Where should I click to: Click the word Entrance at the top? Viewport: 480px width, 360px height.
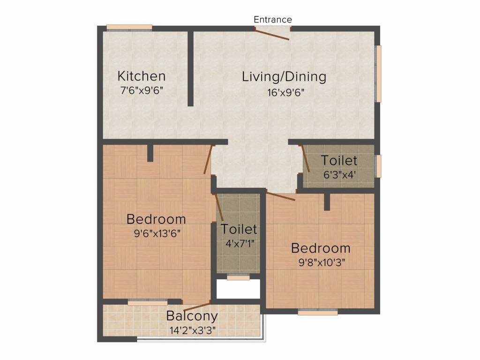pyautogui.click(x=273, y=19)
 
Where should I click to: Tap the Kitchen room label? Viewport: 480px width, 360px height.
pyautogui.click(x=141, y=76)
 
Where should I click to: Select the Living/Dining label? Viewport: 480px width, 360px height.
pyautogui.click(x=284, y=76)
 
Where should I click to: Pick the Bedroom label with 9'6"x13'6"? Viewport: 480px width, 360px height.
pyautogui.click(x=156, y=219)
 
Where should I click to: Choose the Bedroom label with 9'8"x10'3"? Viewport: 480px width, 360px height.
pyautogui.click(x=321, y=248)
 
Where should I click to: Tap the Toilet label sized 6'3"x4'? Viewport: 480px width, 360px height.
pyautogui.click(x=339, y=160)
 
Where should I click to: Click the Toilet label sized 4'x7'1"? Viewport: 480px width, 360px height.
pyautogui.click(x=239, y=229)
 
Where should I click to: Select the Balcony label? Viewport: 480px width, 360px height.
pyautogui.click(x=192, y=315)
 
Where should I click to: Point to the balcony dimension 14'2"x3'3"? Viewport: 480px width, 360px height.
pyautogui.click(x=192, y=330)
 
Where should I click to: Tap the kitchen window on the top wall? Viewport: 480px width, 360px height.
pyautogui.click(x=129, y=27)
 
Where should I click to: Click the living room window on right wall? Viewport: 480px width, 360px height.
pyautogui.click(x=379, y=73)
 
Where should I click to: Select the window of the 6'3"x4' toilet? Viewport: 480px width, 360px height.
pyautogui.click(x=379, y=166)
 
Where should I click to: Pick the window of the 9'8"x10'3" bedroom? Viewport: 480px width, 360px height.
pyautogui.click(x=317, y=312)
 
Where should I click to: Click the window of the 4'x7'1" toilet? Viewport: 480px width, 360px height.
pyautogui.click(x=238, y=277)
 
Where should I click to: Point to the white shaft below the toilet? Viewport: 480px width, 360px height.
pyautogui.click(x=238, y=290)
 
